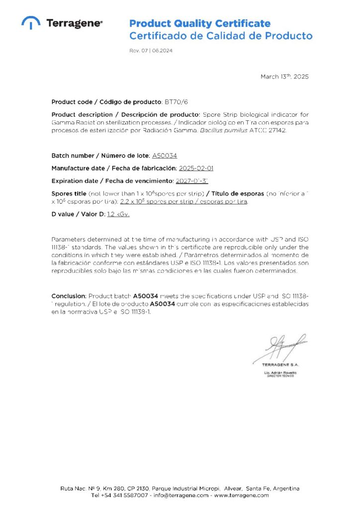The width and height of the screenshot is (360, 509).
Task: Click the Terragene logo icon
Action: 31,23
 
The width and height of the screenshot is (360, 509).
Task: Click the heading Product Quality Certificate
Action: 200,23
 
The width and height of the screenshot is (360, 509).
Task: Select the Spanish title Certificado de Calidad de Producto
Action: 221,36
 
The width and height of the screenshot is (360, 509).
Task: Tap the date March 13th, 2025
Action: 284,77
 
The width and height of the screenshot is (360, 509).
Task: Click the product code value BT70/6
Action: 177,102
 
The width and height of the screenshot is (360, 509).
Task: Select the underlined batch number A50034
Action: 165,156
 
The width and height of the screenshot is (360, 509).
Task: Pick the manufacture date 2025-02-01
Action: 196,168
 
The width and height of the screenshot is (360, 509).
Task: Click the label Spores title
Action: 69,193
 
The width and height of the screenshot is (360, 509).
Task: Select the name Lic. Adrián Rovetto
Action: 280,372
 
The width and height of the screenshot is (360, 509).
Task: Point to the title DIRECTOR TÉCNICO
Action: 280,376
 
